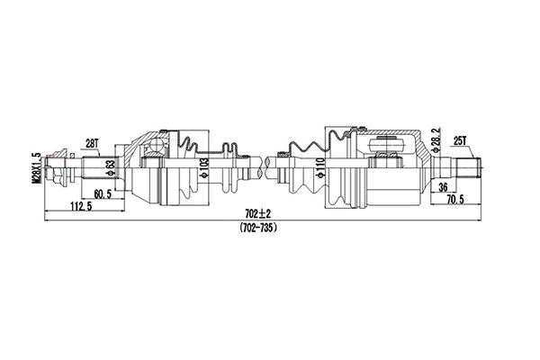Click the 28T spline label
coord(92,142)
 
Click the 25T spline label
coord(463,140)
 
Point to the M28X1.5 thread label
coord(37,167)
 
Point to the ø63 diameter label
coord(109,167)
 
